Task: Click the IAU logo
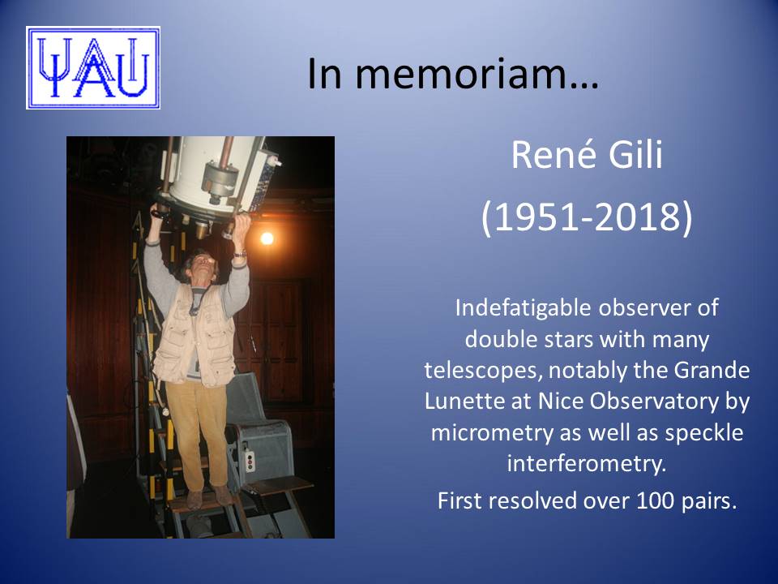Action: click(93, 68)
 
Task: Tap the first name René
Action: click(554, 154)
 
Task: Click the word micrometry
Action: click(492, 433)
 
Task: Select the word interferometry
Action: click(586, 464)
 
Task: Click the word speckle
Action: click(704, 433)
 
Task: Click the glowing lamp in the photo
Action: click(267, 238)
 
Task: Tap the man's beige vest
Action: click(194, 336)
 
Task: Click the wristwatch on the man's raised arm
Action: click(240, 254)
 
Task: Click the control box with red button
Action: click(250, 461)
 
